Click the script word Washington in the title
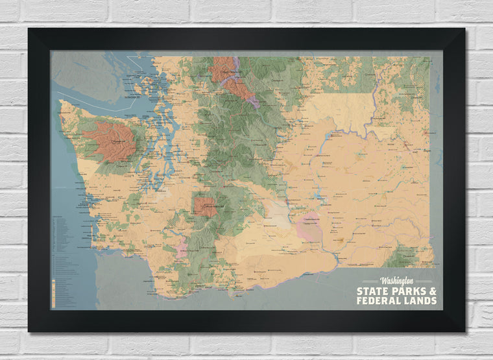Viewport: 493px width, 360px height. [x=396, y=281]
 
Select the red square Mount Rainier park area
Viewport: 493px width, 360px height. [x=206, y=206]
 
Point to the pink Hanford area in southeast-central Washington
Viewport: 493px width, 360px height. [x=307, y=228]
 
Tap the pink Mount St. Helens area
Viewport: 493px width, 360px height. [x=181, y=249]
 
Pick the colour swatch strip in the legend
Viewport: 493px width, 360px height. [x=53, y=293]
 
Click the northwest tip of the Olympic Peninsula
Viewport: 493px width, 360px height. [x=62, y=102]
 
